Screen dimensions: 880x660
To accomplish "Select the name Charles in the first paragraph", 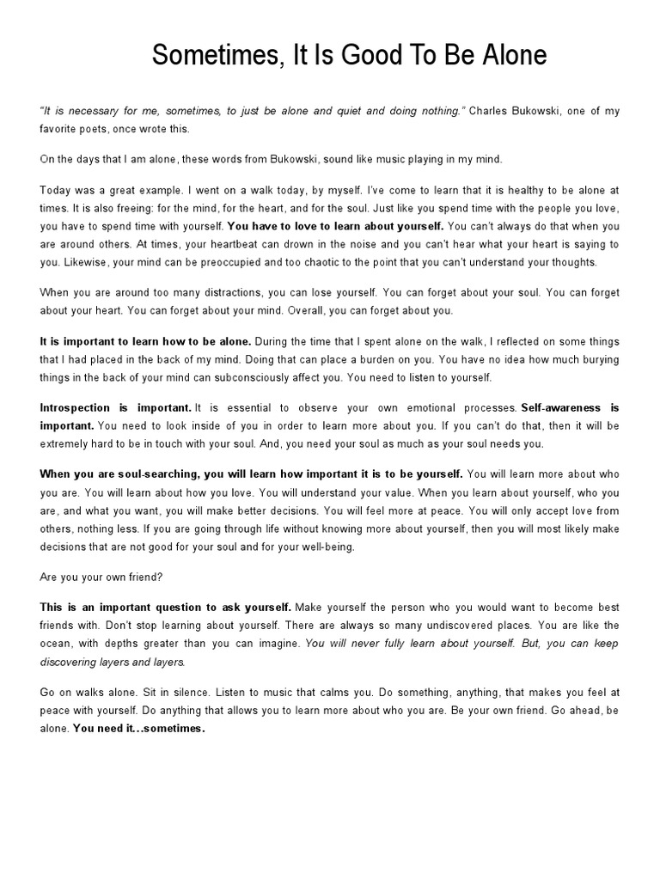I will pos(494,112).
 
